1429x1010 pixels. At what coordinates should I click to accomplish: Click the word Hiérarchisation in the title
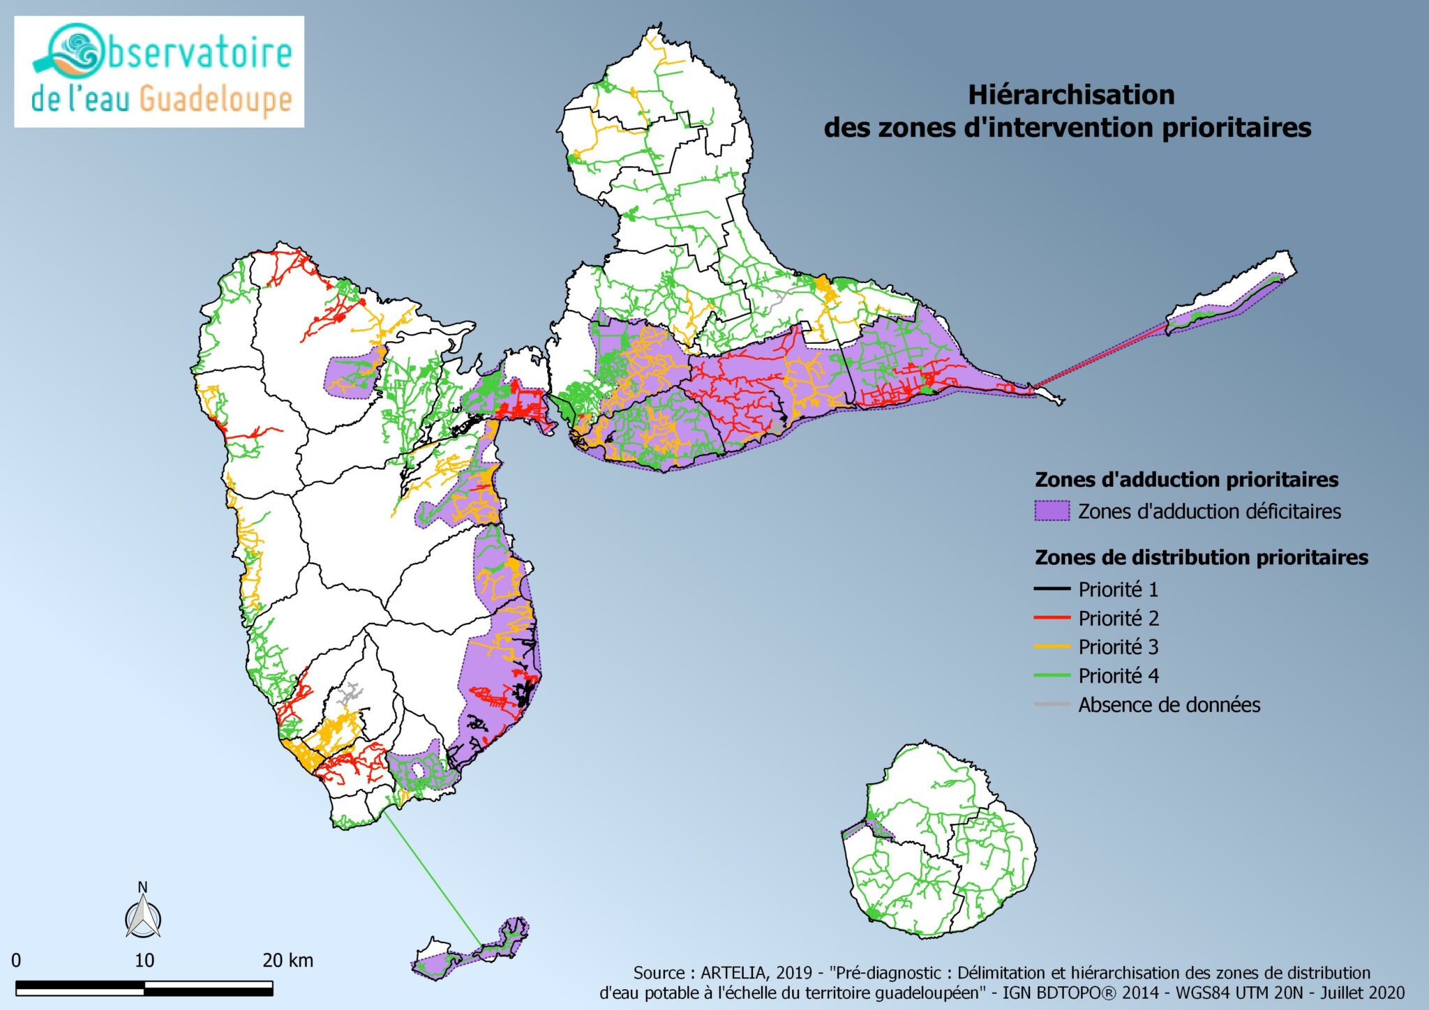click(x=1070, y=95)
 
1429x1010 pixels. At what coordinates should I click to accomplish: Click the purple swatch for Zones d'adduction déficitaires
click(x=1052, y=511)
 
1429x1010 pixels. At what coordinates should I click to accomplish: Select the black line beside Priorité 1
click(x=1052, y=589)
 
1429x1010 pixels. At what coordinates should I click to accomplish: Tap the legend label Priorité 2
click(x=1118, y=618)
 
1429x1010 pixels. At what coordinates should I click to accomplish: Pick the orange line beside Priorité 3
click(x=1052, y=647)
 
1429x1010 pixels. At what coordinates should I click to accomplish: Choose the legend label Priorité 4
click(x=1118, y=675)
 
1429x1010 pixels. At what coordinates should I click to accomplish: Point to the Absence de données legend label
click(x=1169, y=704)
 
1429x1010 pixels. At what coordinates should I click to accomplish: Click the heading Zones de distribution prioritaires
click(x=1201, y=557)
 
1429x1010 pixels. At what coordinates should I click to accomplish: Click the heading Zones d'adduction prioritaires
click(x=1186, y=480)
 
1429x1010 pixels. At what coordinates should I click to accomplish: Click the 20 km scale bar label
click(x=287, y=960)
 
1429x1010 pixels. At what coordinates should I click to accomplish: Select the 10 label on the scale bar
click(x=144, y=960)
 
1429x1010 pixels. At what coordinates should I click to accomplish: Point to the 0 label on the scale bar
click(x=16, y=960)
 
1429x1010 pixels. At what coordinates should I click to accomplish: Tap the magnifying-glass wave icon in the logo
click(x=70, y=52)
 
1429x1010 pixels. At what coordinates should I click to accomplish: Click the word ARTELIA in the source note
click(x=733, y=972)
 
